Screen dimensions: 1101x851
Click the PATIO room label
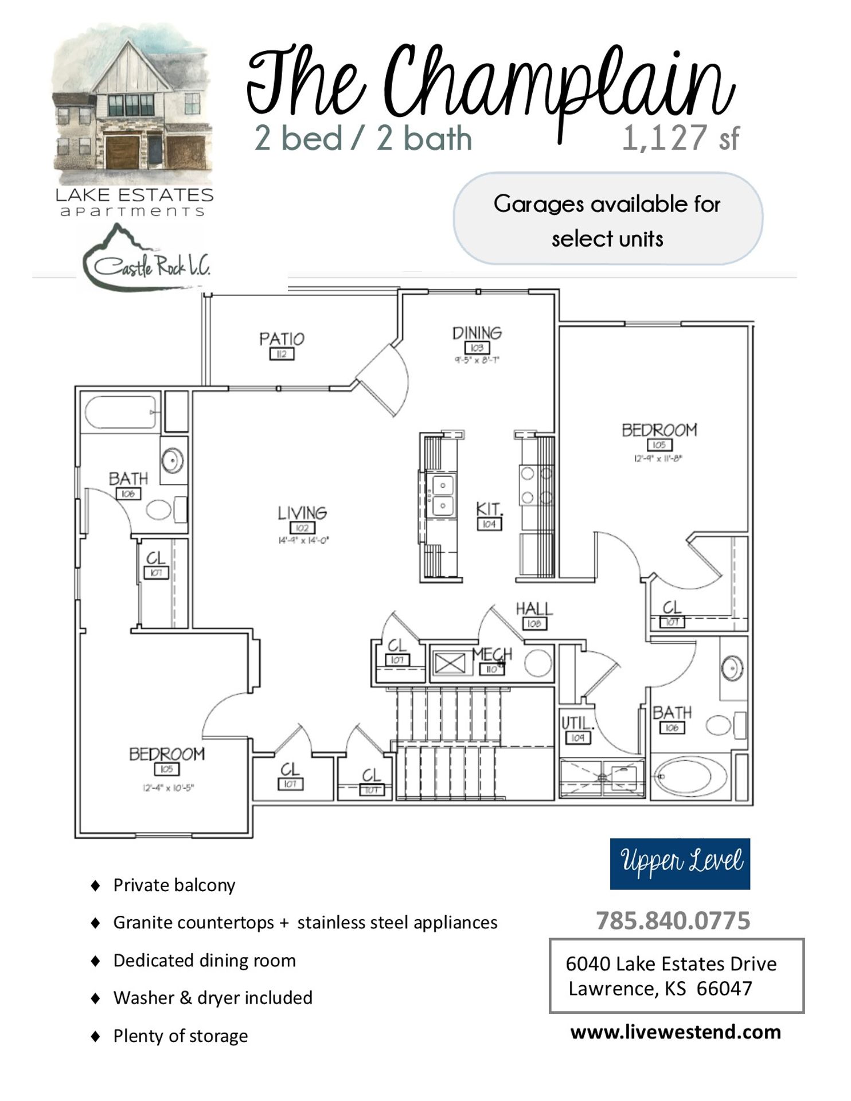click(x=282, y=339)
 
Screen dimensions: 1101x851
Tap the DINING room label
click(x=477, y=333)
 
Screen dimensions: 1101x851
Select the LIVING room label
click(x=302, y=513)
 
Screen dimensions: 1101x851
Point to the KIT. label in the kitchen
click(x=489, y=509)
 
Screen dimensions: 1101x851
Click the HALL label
click(x=534, y=609)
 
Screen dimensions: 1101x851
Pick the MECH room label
click(x=492, y=654)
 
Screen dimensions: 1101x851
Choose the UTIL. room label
click(x=578, y=723)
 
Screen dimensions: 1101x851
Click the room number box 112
click(x=282, y=354)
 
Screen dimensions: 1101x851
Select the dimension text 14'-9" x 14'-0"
click(x=303, y=540)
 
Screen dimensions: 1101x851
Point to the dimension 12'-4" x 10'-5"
click(x=168, y=787)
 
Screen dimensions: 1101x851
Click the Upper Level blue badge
click(x=680, y=864)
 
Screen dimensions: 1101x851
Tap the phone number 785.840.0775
click(x=673, y=921)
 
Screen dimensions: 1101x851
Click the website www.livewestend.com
click(x=676, y=1032)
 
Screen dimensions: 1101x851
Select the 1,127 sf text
click(x=681, y=138)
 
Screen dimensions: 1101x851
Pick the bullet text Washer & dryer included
click(x=213, y=998)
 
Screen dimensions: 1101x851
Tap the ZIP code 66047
click(x=724, y=989)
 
